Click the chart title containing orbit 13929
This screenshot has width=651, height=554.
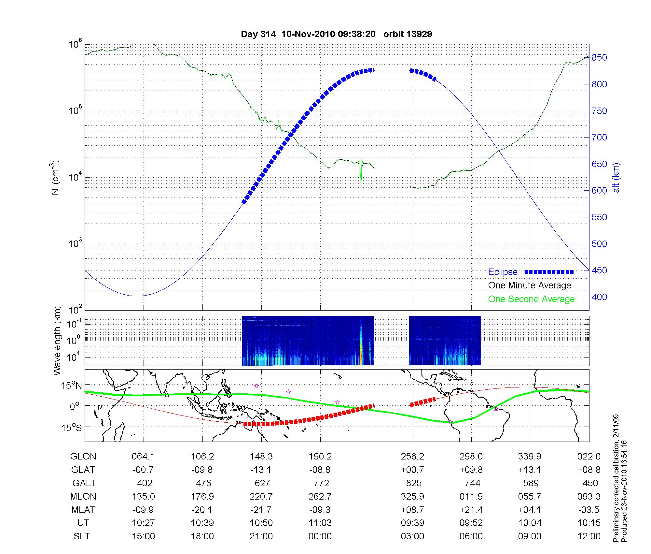pos(336,34)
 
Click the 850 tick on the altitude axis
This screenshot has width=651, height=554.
pos(599,58)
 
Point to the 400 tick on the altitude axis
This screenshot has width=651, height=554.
pos(599,297)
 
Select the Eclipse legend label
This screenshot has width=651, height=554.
pos(503,272)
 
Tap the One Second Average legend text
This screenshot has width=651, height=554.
pos(531,299)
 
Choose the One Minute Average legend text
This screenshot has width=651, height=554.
pos(530,285)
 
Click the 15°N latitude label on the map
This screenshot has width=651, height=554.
pos(71,386)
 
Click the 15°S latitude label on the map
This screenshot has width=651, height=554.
pos(71,427)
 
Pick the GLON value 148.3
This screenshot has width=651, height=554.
pos(261,457)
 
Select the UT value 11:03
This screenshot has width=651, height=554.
pos(320,523)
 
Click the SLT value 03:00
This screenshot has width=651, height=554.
pos(412,536)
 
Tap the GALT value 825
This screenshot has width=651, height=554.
pos(414,483)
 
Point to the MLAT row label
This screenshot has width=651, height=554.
pos(83,510)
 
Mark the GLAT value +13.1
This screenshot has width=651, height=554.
pos(530,470)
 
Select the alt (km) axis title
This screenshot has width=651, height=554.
pos(616,178)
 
